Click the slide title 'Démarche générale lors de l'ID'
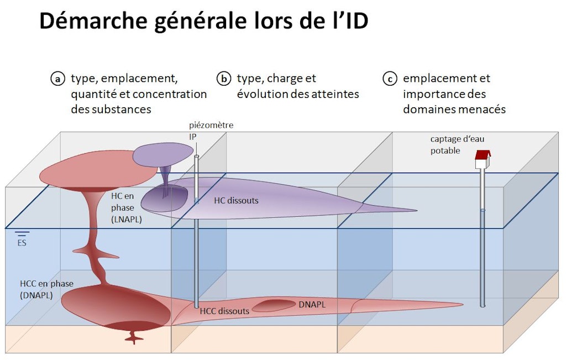pos(204,22)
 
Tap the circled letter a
pos(57,79)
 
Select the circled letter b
pos(224,79)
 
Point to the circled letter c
pos(390,79)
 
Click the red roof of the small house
pos(483,155)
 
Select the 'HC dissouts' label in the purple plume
pos(236,201)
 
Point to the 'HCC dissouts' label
pos(224,311)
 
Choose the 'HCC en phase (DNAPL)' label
pos(46,289)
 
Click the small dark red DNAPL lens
pos(274,305)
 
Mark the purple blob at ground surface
pos(163,154)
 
